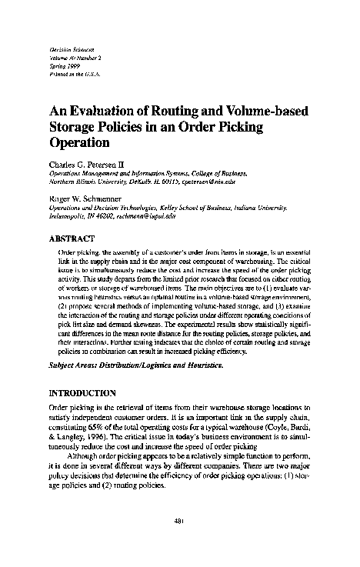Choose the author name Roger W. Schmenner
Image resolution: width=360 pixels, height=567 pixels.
tap(86, 199)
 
